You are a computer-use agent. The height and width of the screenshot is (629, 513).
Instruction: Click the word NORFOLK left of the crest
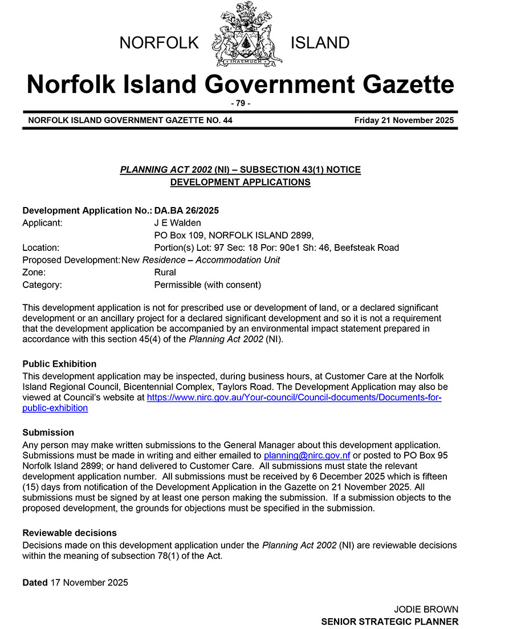[159, 43]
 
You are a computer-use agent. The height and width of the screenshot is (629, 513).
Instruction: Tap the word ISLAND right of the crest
[320, 43]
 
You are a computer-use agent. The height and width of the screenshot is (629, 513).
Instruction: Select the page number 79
[240, 103]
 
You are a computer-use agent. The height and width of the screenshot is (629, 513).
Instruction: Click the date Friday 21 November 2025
[404, 120]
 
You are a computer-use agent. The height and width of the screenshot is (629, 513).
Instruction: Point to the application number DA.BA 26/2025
[186, 210]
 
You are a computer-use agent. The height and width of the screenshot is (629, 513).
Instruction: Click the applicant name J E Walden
[177, 223]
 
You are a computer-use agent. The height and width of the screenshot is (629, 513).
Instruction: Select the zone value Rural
[165, 272]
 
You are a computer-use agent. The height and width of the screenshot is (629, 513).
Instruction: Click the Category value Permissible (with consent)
[207, 285]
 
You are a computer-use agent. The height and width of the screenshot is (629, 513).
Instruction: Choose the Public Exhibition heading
[59, 364]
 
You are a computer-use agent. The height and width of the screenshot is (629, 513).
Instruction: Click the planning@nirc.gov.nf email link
[307, 456]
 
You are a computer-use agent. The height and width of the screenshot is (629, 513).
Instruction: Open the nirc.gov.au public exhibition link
[294, 397]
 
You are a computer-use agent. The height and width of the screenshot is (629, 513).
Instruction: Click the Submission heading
[48, 432]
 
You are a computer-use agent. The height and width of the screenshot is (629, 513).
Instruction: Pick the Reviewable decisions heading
[70, 533]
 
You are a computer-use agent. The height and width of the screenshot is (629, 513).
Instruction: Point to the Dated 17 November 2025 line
[75, 582]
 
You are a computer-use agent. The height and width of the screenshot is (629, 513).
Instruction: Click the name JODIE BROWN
[426, 609]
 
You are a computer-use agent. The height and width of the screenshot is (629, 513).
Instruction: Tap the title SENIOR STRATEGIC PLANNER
[389, 622]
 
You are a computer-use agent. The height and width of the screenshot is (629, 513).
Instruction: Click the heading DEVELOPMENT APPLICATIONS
[240, 182]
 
